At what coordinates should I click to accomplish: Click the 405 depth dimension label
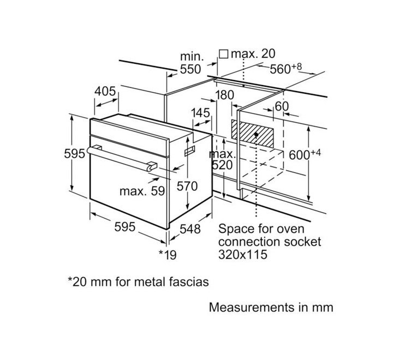tap(105, 91)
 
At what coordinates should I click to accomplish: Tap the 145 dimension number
tap(200, 113)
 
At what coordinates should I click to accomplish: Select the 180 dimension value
tap(224, 95)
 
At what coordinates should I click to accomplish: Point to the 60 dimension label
tap(281, 106)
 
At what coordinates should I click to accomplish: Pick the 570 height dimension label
tap(187, 186)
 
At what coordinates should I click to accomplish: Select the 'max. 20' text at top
tap(253, 53)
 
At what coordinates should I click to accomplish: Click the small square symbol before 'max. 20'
tap(223, 53)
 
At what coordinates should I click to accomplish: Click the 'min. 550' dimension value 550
tap(191, 69)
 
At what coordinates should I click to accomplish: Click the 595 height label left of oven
tap(74, 153)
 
